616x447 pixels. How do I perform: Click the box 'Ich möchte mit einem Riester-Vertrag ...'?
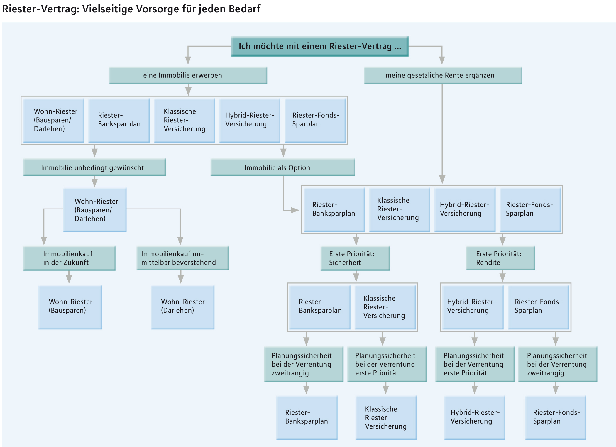[x=319, y=46]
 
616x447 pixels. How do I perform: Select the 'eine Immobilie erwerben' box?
[x=188, y=75]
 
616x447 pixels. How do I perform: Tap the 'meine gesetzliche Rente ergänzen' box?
[x=443, y=75]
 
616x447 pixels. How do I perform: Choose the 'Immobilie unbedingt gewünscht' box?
[x=94, y=167]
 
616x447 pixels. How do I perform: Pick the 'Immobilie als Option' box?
[x=283, y=167]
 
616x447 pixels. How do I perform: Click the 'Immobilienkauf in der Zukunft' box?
[x=69, y=258]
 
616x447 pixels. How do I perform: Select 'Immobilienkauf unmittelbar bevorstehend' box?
[x=182, y=258]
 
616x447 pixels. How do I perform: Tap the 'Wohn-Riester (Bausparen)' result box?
[x=70, y=307]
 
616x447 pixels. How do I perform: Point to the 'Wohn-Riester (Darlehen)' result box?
[x=182, y=307]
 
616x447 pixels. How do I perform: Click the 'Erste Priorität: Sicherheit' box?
[x=355, y=258]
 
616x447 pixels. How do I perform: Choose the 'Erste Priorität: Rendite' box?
[x=500, y=258]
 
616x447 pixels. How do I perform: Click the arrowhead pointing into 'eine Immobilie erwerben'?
[x=188, y=60]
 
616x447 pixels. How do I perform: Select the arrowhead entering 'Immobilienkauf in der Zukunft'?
[x=44, y=241]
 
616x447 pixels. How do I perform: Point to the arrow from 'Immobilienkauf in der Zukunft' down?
[x=69, y=277]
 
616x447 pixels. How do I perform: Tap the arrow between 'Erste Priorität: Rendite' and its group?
[x=502, y=276]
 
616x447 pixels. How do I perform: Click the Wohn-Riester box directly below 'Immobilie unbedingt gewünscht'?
[x=95, y=210]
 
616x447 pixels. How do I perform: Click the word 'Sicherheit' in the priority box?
[x=345, y=263]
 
